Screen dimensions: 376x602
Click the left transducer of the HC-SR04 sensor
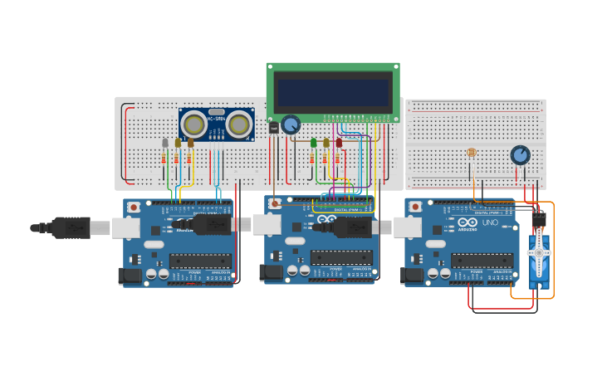pyautogui.click(x=194, y=125)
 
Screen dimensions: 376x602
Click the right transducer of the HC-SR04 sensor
pyautogui.click(x=240, y=125)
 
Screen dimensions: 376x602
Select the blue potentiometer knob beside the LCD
pyautogui.click(x=291, y=125)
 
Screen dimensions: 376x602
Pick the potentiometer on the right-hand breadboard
pyautogui.click(x=520, y=155)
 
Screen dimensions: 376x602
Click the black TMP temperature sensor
pyautogui.click(x=273, y=127)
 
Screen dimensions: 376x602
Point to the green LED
pyautogui.click(x=314, y=143)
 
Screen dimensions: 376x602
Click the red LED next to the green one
pyautogui.click(x=339, y=143)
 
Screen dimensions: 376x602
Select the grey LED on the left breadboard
pyautogui.click(x=165, y=143)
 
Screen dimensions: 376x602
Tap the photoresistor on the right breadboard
pyautogui.click(x=472, y=153)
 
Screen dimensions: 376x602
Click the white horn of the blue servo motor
pyautogui.click(x=539, y=252)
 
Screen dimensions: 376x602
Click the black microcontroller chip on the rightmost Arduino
pyautogui.click(x=481, y=261)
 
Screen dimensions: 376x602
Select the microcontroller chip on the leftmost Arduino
pyautogui.click(x=200, y=261)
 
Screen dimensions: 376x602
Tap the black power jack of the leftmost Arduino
pyautogui.click(x=130, y=276)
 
